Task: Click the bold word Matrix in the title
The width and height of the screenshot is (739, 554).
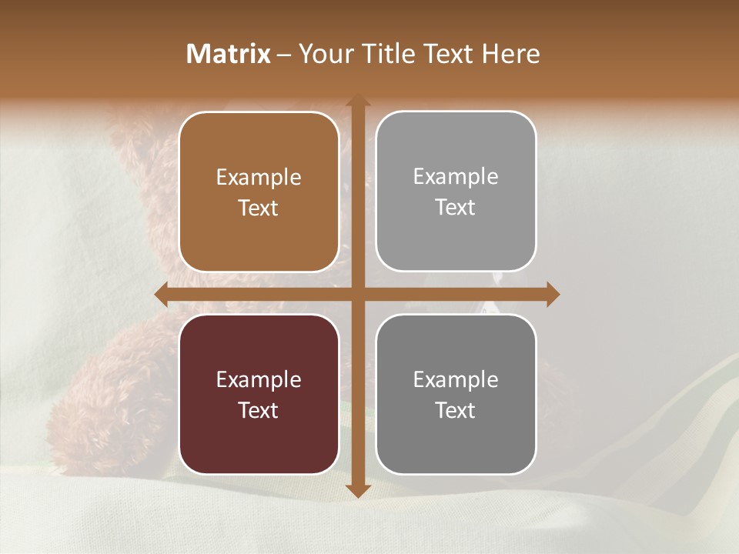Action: pos(229,54)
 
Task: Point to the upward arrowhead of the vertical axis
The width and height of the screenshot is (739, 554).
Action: pos(357,101)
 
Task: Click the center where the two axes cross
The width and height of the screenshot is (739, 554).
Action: pos(357,294)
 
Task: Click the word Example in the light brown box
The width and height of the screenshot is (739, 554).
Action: pos(259,178)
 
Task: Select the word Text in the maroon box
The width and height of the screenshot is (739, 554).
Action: pos(259,410)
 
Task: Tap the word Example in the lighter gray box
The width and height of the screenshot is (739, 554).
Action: pos(456,177)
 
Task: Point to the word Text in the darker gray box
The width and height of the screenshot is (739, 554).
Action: pos(456,410)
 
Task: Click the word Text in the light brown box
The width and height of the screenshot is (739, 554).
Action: pos(259,208)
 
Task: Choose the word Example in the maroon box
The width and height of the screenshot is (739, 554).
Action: pos(259,380)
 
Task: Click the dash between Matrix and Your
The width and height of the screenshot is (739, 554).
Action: pos(284,55)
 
